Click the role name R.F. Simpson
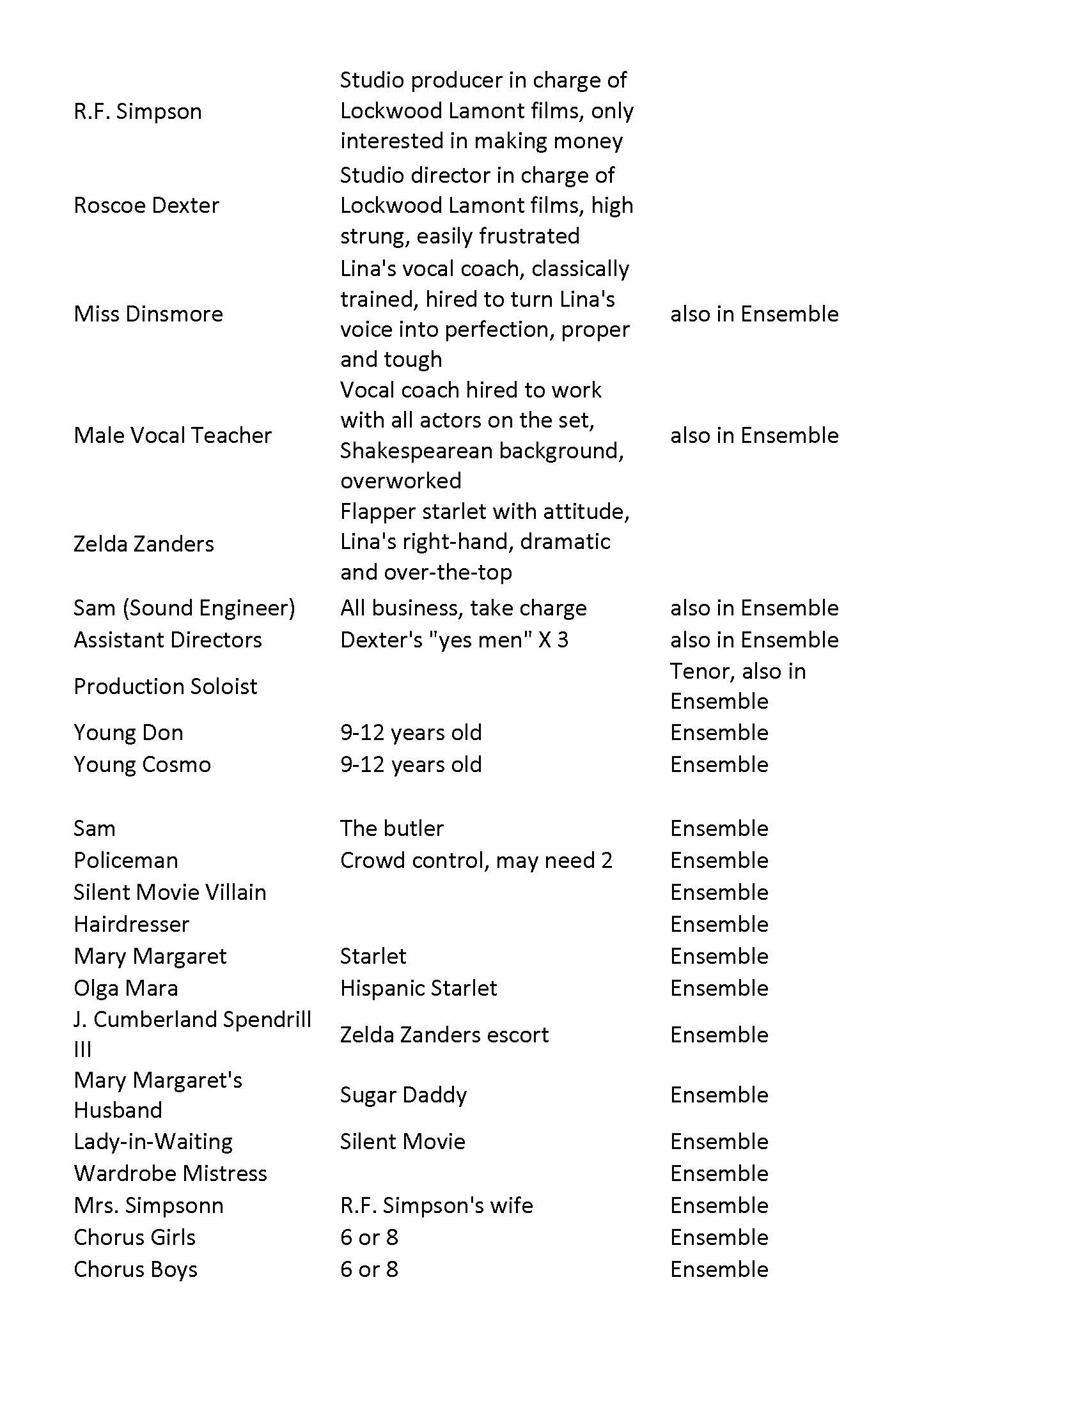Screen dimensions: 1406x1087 tap(137, 111)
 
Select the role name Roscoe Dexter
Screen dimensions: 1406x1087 tap(146, 205)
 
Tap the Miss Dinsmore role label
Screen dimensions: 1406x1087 tap(148, 314)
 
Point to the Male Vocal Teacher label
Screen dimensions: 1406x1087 tap(173, 435)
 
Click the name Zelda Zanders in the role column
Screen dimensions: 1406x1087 tap(144, 544)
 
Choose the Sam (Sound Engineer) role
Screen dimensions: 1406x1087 tap(184, 608)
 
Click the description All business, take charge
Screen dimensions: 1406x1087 tap(463, 608)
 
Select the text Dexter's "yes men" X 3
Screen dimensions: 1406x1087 tap(454, 640)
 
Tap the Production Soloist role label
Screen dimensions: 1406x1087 tap(165, 686)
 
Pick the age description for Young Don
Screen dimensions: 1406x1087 tap(411, 732)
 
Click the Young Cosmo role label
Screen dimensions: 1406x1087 tap(143, 765)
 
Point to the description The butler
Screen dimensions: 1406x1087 tap(391, 828)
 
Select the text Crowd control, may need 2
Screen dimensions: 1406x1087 tap(476, 861)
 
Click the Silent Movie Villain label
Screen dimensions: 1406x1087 tap(169, 892)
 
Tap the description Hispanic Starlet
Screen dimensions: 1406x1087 tap(419, 988)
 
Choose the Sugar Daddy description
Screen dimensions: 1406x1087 tap(403, 1095)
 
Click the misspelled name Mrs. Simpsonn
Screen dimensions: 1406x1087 tap(148, 1205)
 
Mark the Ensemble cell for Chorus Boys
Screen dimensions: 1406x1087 tap(719, 1269)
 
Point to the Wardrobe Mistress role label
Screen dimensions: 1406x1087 tap(170, 1173)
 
